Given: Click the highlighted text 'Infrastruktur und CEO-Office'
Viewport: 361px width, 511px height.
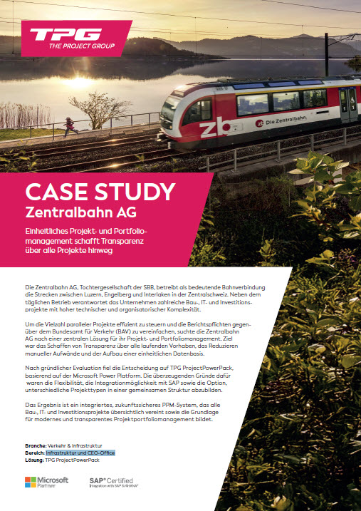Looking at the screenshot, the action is (80, 453).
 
